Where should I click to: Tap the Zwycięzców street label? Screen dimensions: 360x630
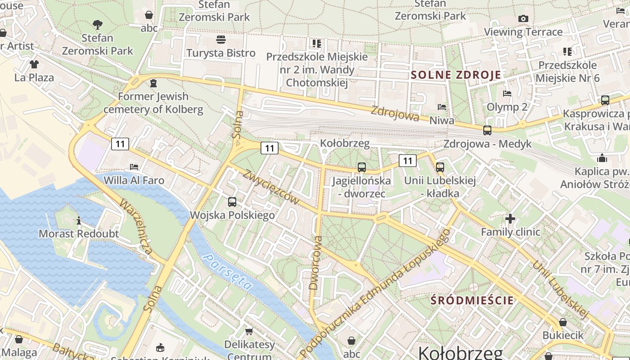point(271,187)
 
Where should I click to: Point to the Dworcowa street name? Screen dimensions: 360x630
point(316,262)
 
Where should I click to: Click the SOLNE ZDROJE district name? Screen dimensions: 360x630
point(455,75)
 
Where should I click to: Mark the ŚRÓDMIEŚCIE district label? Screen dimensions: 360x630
point(472,300)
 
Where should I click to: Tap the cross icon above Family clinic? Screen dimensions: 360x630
point(510,219)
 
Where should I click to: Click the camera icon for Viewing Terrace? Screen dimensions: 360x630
point(523,18)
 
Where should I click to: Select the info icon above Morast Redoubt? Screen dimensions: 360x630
point(79,220)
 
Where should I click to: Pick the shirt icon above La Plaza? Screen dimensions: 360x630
point(34,64)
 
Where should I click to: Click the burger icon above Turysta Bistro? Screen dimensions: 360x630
point(220,40)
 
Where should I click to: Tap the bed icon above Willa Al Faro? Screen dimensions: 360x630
point(134,167)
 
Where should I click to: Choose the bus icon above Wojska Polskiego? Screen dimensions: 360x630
point(232,202)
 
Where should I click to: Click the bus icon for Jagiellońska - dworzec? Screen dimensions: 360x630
point(361,167)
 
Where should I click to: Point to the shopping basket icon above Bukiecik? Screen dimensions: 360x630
point(562,322)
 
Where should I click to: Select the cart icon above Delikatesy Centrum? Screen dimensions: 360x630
point(249,332)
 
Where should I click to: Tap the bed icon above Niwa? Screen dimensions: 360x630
point(442,107)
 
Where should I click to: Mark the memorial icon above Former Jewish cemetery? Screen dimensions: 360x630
point(153,83)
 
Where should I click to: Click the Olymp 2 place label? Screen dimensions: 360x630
point(507,107)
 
